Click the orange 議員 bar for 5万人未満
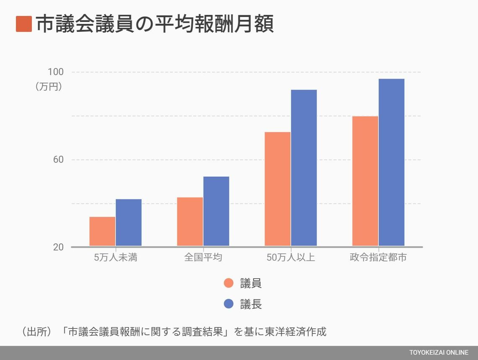pos(102,231)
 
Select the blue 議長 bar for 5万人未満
pos(129,222)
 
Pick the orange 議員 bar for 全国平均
pos(190,222)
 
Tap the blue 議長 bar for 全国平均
pos(216,211)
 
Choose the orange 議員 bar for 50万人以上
pos(278,189)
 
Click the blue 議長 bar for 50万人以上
pos(304,168)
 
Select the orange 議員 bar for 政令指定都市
pos(365,181)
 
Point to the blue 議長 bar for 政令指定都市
pos(392,162)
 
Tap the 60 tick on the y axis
pos(58,160)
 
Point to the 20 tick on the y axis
pos(58,247)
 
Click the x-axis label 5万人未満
pos(116,258)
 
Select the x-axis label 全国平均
pos(203,258)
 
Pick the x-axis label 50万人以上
pos(291,258)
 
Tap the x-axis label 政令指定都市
pos(378,258)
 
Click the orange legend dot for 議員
pos(229,283)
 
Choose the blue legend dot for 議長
pos(229,304)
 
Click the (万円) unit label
pos(49,87)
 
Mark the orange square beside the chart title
pos(24,24)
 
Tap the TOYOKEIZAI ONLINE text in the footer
pos(439,353)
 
